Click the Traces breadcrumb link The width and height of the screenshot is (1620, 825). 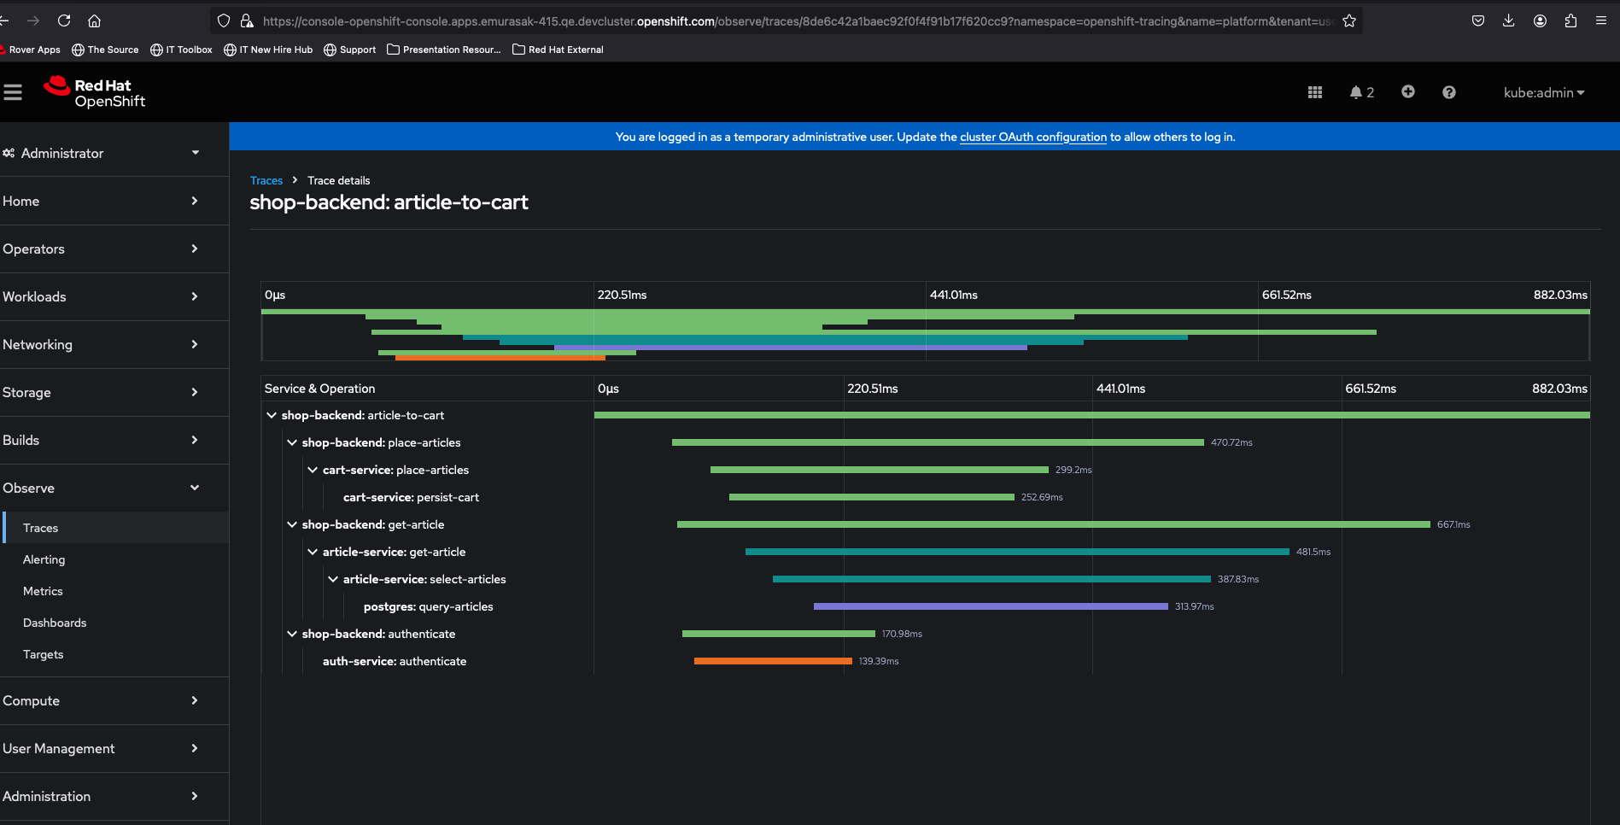pos(266,181)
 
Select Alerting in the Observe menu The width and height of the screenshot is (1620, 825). pos(44,559)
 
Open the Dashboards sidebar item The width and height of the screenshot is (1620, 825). pos(55,623)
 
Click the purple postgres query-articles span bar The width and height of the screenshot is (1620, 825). pos(991,606)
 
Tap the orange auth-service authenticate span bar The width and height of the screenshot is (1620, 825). pos(773,661)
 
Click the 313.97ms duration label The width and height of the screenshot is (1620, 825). pos(1194,606)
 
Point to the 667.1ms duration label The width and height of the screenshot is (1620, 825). pos(1453,524)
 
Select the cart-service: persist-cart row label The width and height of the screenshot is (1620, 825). pos(411,497)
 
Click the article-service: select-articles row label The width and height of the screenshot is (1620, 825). pos(424,579)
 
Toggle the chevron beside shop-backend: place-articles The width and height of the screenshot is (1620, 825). pos(292,442)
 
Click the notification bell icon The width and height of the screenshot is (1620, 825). pos(1356,92)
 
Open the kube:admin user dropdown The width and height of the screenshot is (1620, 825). pos(1544,92)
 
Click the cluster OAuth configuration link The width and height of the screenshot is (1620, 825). pos(1032,137)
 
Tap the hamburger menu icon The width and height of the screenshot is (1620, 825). pos(13,92)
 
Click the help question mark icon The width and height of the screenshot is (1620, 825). pos(1449,92)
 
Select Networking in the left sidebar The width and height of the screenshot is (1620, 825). pos(38,345)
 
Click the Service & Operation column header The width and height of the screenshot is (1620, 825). pos(319,389)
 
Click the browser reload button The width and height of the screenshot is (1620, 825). pos(64,20)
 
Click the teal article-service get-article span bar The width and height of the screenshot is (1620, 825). pos(1016,552)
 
